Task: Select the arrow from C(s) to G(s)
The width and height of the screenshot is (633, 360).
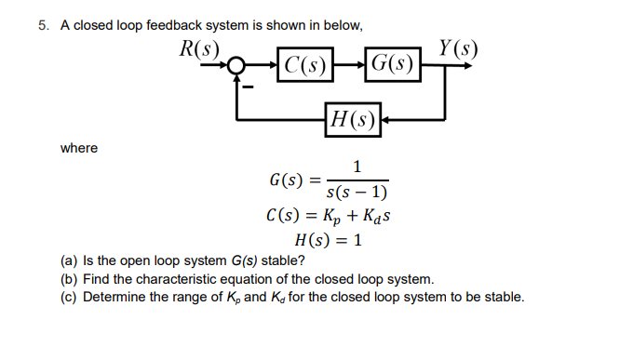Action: coord(350,66)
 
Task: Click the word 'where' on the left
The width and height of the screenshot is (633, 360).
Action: coord(79,148)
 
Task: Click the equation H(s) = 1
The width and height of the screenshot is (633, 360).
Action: coord(314,242)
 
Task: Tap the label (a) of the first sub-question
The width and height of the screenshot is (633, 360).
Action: coord(68,260)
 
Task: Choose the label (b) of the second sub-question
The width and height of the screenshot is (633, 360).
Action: coord(68,279)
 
